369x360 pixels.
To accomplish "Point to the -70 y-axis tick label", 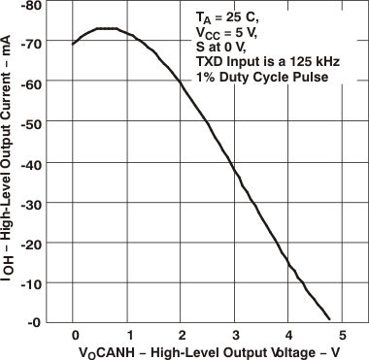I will (x=32, y=44).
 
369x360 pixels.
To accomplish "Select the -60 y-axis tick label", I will (x=32, y=83).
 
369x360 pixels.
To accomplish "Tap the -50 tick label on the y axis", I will (x=32, y=123).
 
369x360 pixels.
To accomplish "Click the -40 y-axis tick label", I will (x=32, y=163).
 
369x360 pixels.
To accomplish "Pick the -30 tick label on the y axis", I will (x=32, y=203).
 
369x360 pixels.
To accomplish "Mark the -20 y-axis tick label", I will (x=32, y=243).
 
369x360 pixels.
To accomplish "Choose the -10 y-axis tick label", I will (x=32, y=282).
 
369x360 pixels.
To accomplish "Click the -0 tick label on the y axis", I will (x=35, y=322).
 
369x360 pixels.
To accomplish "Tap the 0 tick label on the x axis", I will (x=74, y=335).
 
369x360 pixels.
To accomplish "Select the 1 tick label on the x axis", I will (x=127, y=335).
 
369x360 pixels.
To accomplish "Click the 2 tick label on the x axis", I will (x=181, y=335).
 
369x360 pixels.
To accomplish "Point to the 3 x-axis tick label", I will (x=234, y=335).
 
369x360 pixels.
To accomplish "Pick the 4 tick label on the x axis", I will (x=287, y=335).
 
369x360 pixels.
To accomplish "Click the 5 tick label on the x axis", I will (x=341, y=335).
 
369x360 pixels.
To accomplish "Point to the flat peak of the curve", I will (x=106, y=29).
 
